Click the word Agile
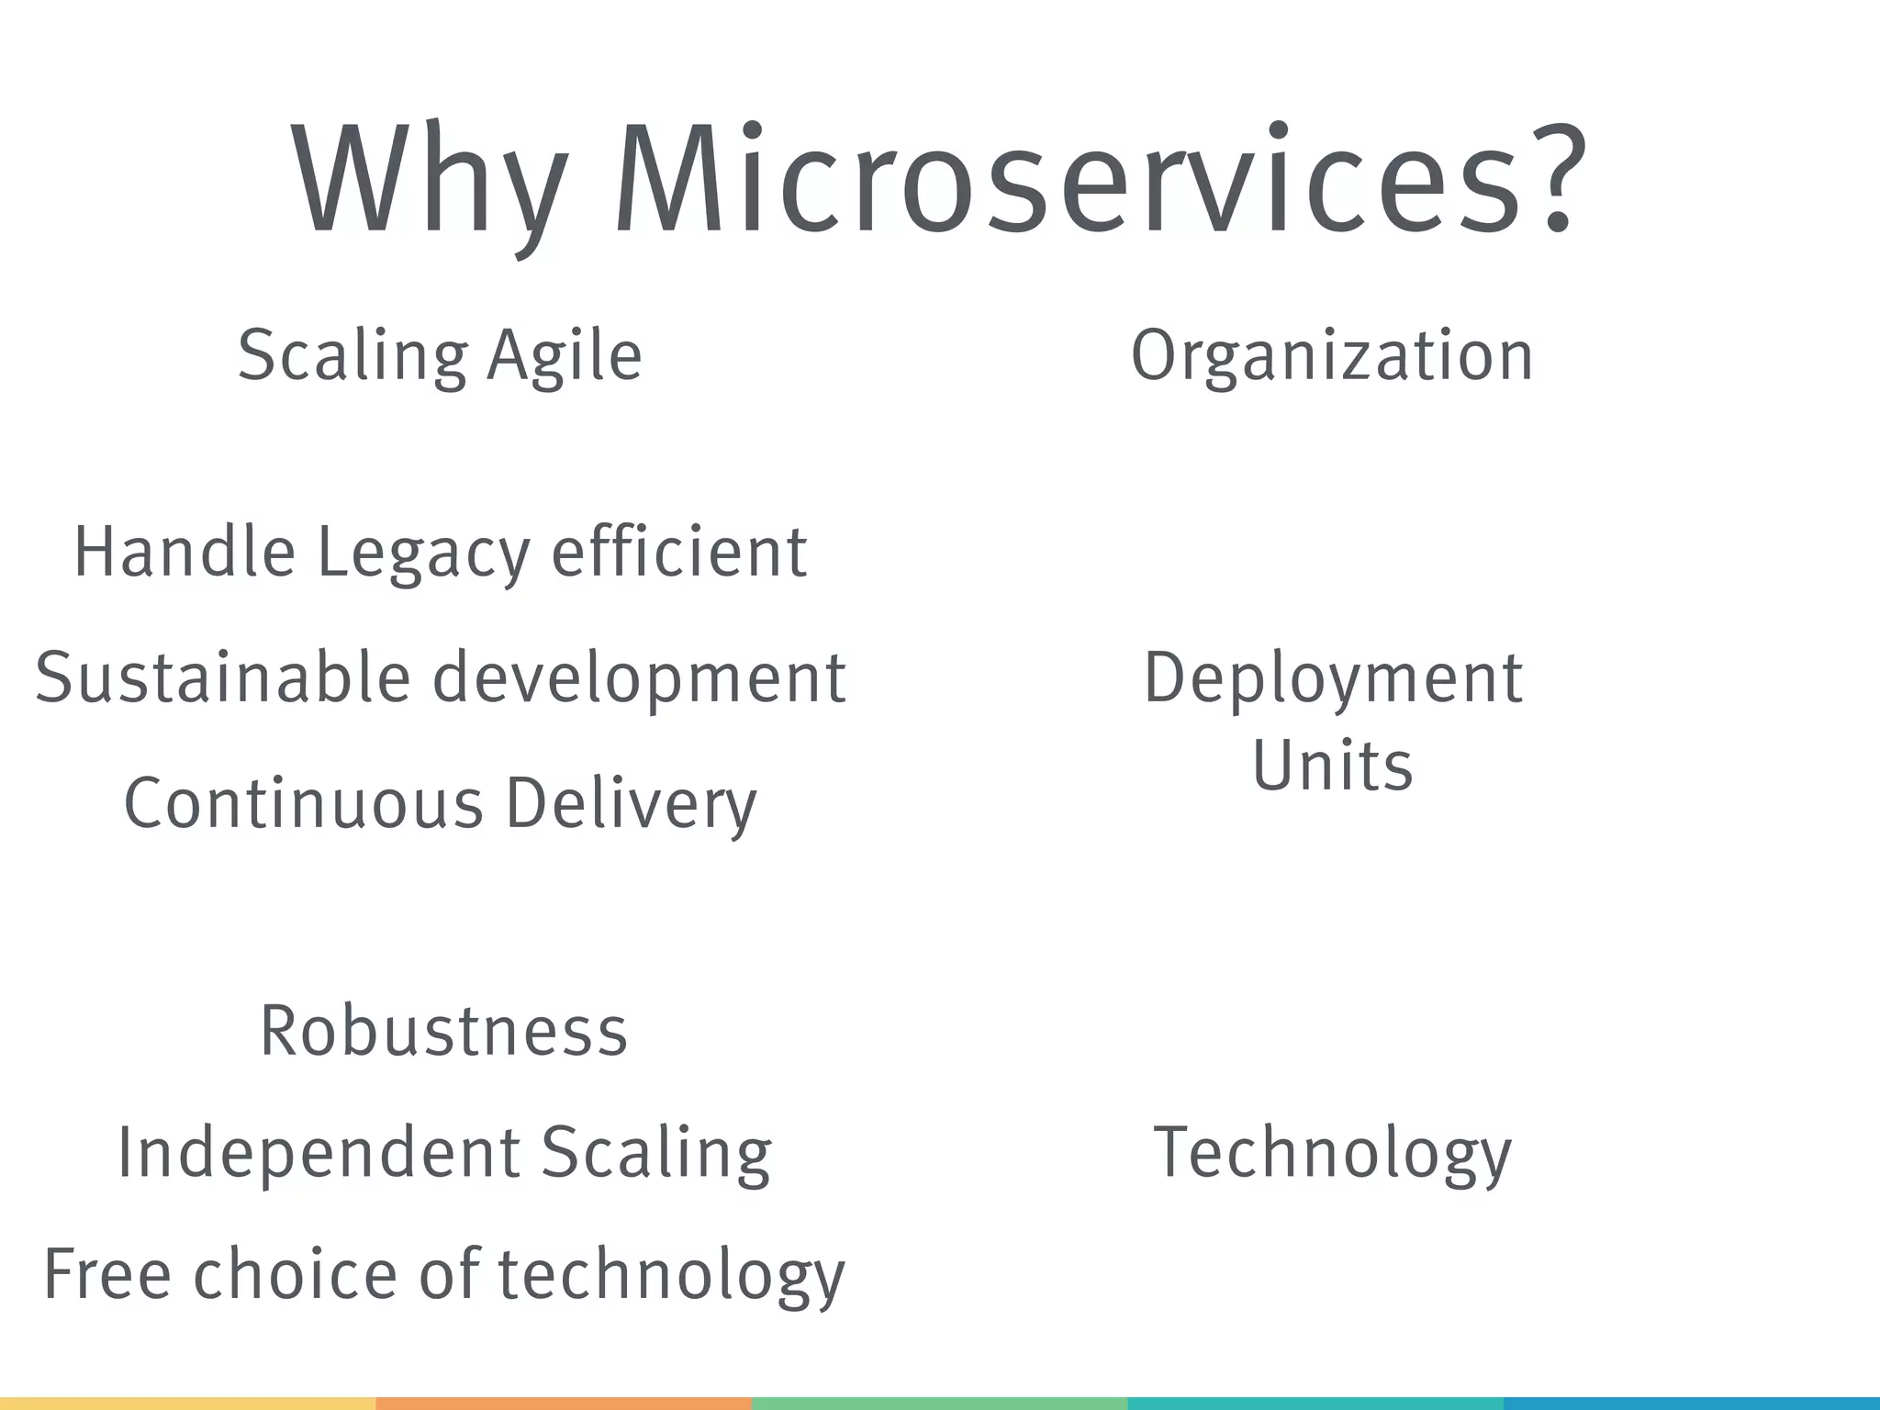click(x=564, y=356)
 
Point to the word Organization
click(x=1332, y=356)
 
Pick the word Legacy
click(x=423, y=554)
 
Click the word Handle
click(x=184, y=552)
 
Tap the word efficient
click(x=678, y=552)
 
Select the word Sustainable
click(x=222, y=677)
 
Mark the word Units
click(x=1332, y=766)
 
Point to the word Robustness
click(x=444, y=1031)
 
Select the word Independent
click(x=319, y=1153)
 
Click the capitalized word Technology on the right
click(x=1332, y=1155)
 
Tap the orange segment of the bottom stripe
click(x=564, y=1403)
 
